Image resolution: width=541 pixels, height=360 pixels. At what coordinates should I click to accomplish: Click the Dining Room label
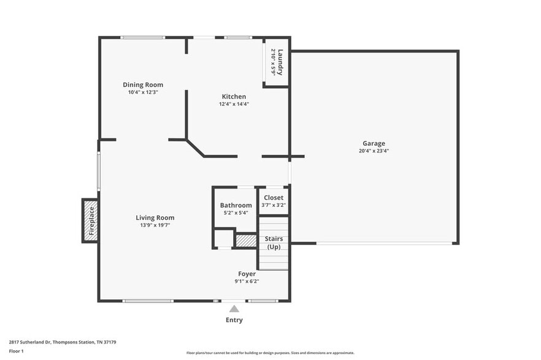(143, 84)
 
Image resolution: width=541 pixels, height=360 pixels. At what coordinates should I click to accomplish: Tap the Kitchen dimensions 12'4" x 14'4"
(234, 104)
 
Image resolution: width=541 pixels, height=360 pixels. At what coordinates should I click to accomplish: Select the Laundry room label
(280, 61)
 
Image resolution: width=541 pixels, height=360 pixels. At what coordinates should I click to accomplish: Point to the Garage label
(374, 143)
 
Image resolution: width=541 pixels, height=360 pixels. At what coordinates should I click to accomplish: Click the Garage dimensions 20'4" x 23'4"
(374, 151)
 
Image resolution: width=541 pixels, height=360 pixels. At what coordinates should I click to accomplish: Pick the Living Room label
(155, 217)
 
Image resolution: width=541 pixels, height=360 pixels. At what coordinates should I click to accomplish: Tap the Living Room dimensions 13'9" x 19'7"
(155, 225)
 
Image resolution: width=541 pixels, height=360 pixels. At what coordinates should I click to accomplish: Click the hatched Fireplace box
(90, 220)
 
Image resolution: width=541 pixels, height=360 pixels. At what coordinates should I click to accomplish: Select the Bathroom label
(236, 205)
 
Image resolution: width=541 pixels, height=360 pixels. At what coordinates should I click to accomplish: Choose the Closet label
(274, 197)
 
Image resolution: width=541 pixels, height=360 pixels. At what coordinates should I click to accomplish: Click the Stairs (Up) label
(274, 242)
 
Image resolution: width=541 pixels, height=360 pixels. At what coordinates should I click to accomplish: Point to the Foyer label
(247, 274)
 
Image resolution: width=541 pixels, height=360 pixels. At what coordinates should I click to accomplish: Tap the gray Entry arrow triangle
(234, 309)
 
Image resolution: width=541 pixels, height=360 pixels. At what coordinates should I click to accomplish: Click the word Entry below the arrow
(234, 320)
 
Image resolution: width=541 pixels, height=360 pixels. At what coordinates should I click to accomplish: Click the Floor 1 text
(16, 351)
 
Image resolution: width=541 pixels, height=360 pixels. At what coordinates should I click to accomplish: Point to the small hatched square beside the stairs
(246, 241)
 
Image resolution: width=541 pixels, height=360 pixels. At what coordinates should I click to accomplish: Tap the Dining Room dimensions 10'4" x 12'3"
(143, 92)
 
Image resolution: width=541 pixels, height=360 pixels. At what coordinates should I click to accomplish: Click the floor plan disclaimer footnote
(270, 353)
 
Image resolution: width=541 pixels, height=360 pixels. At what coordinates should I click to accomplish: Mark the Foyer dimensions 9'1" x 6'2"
(247, 281)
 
